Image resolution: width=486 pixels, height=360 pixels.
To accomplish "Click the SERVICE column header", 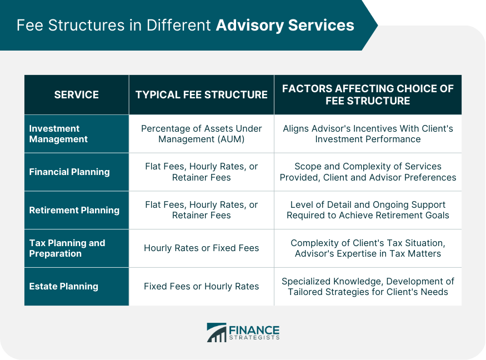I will (77, 95).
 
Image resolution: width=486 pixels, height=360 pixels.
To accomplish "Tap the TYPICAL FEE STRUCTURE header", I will (202, 95).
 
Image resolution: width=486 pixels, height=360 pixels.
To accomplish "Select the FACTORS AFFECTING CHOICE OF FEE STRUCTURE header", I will (368, 95).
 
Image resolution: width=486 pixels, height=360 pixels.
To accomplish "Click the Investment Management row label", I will (58, 134).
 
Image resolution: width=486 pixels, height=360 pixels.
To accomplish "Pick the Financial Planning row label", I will (69, 172).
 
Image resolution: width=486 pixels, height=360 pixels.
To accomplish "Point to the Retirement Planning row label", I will (74, 210).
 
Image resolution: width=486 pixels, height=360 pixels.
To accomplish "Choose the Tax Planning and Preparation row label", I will (67, 248).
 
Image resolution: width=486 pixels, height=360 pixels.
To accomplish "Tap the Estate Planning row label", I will (63, 287).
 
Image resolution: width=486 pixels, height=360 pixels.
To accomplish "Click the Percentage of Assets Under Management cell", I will (202, 134).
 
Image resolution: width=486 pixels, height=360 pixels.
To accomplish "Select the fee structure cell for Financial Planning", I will (202, 172).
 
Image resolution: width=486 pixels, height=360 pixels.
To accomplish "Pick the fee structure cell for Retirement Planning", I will (202, 210).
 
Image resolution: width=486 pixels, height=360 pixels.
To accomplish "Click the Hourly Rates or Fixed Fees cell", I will (202, 248).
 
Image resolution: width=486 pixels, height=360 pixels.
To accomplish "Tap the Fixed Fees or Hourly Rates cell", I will (202, 287).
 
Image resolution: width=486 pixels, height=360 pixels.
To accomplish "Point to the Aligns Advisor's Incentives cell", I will (368, 134).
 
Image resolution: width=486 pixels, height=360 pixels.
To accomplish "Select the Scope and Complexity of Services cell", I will (368, 172).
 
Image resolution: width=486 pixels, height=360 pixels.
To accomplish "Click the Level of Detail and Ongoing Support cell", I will (368, 210).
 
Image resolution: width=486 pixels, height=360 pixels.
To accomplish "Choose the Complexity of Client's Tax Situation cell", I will (368, 248).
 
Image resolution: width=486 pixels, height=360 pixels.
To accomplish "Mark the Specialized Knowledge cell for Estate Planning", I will (368, 287).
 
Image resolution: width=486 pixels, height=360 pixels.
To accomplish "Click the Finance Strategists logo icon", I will (217, 332).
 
